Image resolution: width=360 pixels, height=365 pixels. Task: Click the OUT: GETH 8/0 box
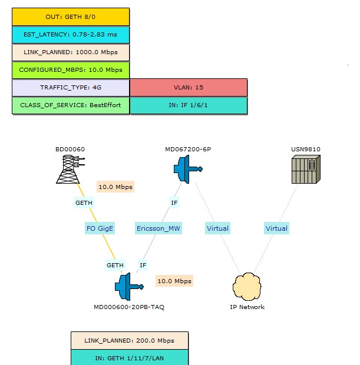(71, 17)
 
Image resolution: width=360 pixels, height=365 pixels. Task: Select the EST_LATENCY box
(71, 35)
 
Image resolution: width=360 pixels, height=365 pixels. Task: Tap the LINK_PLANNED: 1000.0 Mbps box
(71, 52)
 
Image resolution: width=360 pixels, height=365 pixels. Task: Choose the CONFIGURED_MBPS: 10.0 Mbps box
(71, 70)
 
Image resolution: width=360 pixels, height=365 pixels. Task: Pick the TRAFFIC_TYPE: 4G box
(71, 88)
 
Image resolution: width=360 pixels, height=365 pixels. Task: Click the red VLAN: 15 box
(189, 88)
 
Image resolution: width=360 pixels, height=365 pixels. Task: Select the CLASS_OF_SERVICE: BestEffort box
(71, 105)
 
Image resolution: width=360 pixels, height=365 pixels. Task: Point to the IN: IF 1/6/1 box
(189, 105)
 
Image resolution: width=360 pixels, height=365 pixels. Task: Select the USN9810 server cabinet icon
(306, 170)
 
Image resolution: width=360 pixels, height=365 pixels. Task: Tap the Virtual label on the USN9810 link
(276, 228)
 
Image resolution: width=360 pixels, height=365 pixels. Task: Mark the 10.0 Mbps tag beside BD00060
(115, 187)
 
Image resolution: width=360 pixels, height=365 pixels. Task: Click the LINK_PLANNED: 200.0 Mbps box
(130, 340)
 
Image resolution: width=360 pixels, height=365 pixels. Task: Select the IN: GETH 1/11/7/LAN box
(130, 357)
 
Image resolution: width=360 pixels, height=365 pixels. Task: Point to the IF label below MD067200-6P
(174, 203)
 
